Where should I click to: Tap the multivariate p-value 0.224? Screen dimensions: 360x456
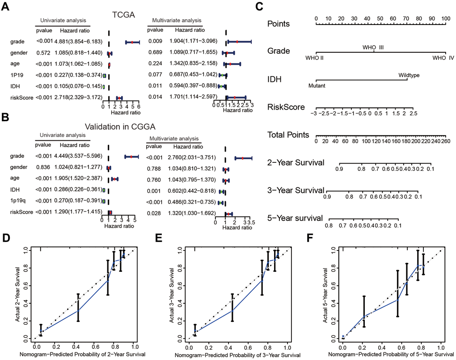[x=154, y=64]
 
